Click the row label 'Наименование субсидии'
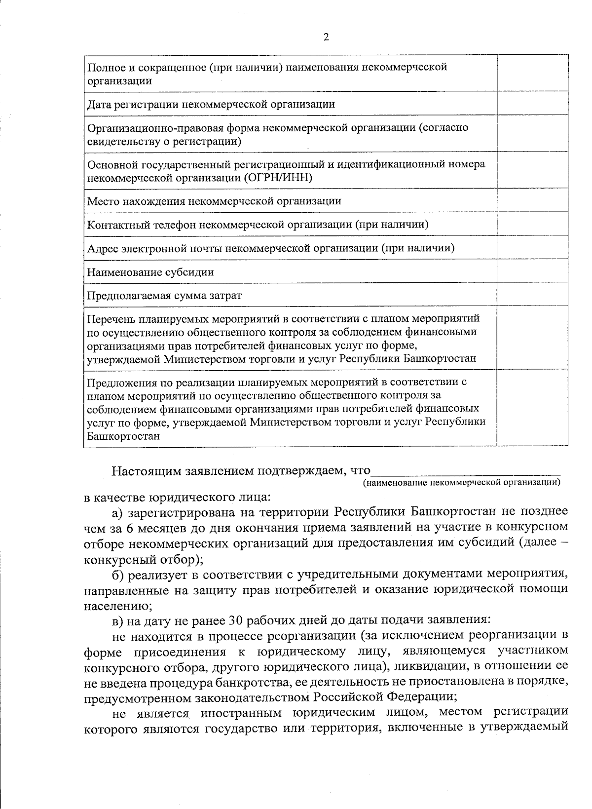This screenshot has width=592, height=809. [x=150, y=272]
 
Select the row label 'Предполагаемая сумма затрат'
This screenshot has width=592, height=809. [x=164, y=296]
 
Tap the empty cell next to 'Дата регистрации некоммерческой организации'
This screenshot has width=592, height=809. [x=532, y=104]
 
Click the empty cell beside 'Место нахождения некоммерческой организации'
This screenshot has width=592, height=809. [x=532, y=201]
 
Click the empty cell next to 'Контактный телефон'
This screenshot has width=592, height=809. [x=532, y=225]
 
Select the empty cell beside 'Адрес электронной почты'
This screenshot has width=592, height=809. [x=532, y=248]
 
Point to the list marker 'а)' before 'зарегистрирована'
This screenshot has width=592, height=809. [x=119, y=510]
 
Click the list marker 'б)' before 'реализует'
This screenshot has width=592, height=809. [x=119, y=575]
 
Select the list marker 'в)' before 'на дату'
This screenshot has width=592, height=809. [x=118, y=619]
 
